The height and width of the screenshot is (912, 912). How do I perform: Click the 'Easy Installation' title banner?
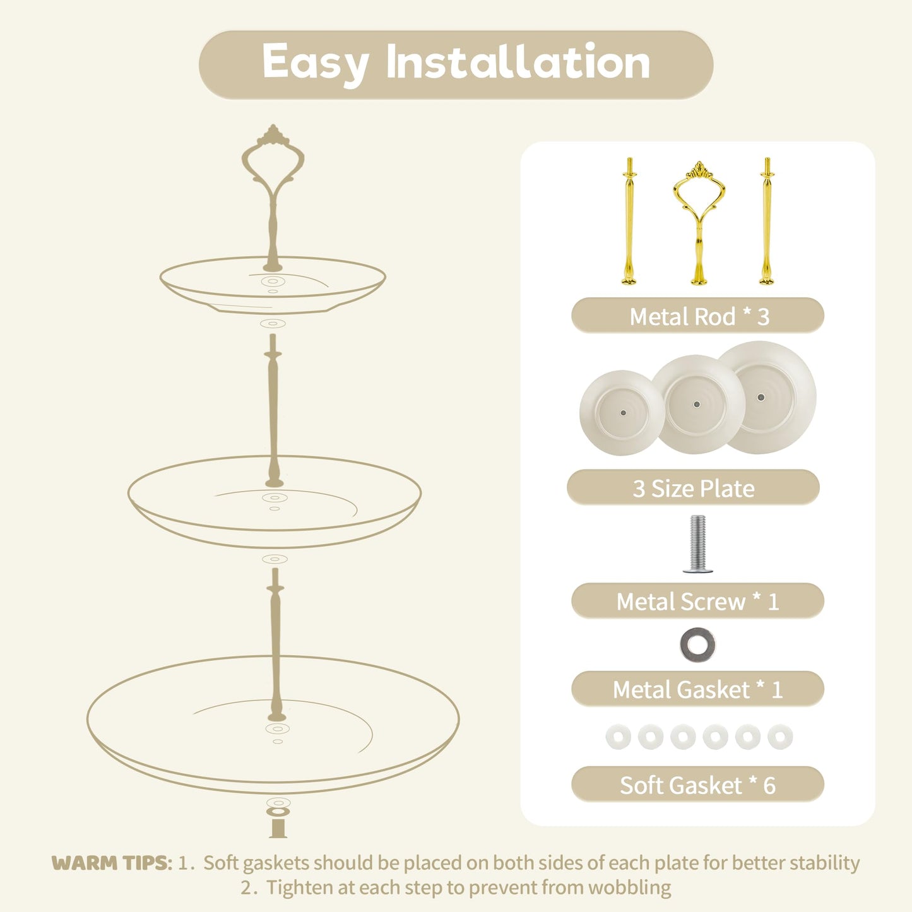point(456,64)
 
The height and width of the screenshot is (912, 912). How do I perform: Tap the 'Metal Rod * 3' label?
point(697,316)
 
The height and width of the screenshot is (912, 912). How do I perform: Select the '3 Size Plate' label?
point(693,487)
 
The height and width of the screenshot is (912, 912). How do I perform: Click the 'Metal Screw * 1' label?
point(697,601)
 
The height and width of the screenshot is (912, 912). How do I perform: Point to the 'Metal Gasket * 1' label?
point(697,689)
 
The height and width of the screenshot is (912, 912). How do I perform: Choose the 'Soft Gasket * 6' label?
point(697,785)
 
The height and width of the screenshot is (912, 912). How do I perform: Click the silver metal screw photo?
point(697,544)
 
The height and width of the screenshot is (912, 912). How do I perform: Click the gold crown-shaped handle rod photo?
point(699,223)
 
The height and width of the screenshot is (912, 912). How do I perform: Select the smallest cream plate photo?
point(621,413)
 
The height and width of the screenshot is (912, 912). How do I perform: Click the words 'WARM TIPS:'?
point(112,863)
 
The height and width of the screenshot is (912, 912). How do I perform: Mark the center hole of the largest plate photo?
point(761,397)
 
